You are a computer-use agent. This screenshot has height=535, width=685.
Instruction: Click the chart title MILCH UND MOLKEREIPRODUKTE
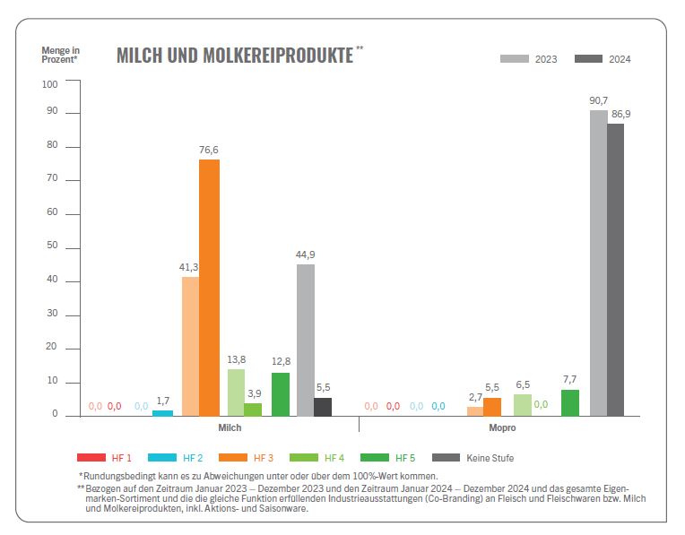[235, 55]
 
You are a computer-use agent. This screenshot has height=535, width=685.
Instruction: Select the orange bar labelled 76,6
[209, 287]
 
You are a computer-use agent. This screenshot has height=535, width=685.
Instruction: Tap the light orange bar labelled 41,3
[189, 346]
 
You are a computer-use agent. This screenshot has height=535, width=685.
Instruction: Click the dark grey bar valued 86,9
[615, 269]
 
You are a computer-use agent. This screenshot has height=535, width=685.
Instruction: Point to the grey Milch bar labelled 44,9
[306, 340]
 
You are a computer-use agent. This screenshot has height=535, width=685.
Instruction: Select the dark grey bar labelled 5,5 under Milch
[323, 407]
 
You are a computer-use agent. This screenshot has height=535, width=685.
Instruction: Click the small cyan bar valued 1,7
[162, 413]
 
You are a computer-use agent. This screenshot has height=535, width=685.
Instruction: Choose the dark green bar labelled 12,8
[281, 394]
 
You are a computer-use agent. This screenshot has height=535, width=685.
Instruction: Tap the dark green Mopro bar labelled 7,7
[570, 402]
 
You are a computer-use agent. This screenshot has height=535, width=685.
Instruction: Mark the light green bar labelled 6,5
[523, 405]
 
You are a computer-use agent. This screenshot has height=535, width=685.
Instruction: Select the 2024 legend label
[620, 59]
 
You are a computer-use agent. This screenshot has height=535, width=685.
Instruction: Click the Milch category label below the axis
[230, 428]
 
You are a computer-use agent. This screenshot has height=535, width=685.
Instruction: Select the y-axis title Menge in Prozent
[60, 55]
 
